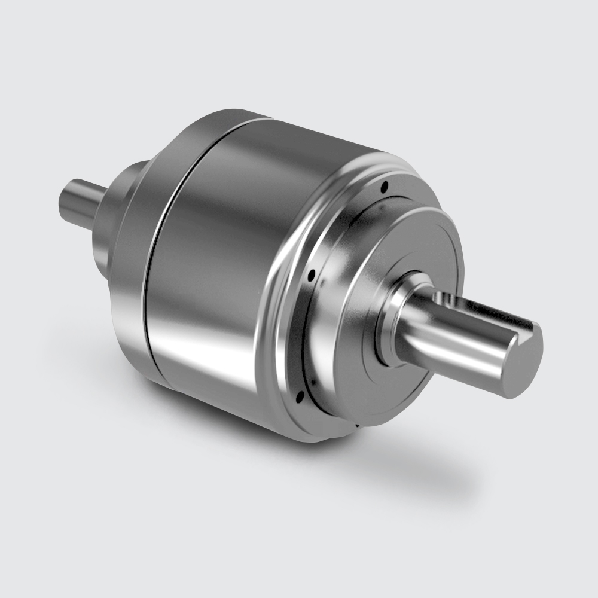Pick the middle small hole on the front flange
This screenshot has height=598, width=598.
(x=312, y=276)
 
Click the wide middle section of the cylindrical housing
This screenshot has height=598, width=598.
(x=221, y=257)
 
